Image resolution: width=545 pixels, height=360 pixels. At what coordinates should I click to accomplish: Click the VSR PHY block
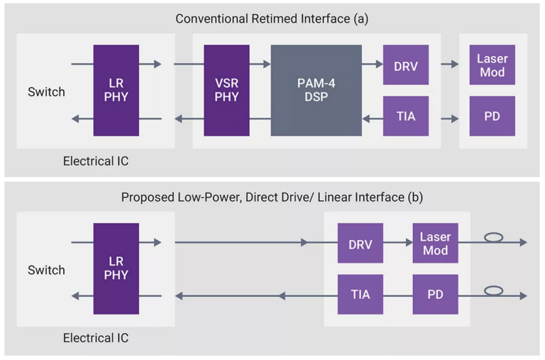226,90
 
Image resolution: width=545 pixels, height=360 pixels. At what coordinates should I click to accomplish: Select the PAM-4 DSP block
316,90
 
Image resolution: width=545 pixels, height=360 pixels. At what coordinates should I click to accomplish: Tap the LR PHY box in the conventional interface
116,90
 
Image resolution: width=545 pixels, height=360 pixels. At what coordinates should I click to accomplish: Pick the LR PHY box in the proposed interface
116,268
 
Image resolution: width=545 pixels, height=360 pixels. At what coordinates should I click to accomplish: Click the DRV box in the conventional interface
405,65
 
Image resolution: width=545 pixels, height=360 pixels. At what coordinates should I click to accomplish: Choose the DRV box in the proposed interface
360,243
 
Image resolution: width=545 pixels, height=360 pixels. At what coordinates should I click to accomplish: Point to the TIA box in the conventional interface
405,116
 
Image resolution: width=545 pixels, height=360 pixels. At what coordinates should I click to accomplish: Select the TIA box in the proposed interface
360,294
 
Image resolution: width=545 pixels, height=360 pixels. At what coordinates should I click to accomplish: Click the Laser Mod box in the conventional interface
492,65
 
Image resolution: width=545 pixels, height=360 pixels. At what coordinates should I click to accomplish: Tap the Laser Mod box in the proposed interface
435,243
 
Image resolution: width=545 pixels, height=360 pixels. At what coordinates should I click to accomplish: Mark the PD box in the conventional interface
492,116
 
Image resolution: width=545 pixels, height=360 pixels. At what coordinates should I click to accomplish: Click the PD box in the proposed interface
435,294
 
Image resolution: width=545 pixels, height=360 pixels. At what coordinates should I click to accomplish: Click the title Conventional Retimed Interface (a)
272,19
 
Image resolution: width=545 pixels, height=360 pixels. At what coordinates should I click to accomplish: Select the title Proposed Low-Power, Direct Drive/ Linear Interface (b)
272,197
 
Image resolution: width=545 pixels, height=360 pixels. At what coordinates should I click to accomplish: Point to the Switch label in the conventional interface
46,92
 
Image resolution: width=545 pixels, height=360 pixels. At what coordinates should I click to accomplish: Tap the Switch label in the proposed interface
46,271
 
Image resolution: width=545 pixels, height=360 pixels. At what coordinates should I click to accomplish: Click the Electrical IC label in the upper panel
96,161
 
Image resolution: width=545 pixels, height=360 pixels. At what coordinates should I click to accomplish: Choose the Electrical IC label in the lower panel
96,339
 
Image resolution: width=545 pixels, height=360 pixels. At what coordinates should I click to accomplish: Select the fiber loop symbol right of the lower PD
492,290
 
